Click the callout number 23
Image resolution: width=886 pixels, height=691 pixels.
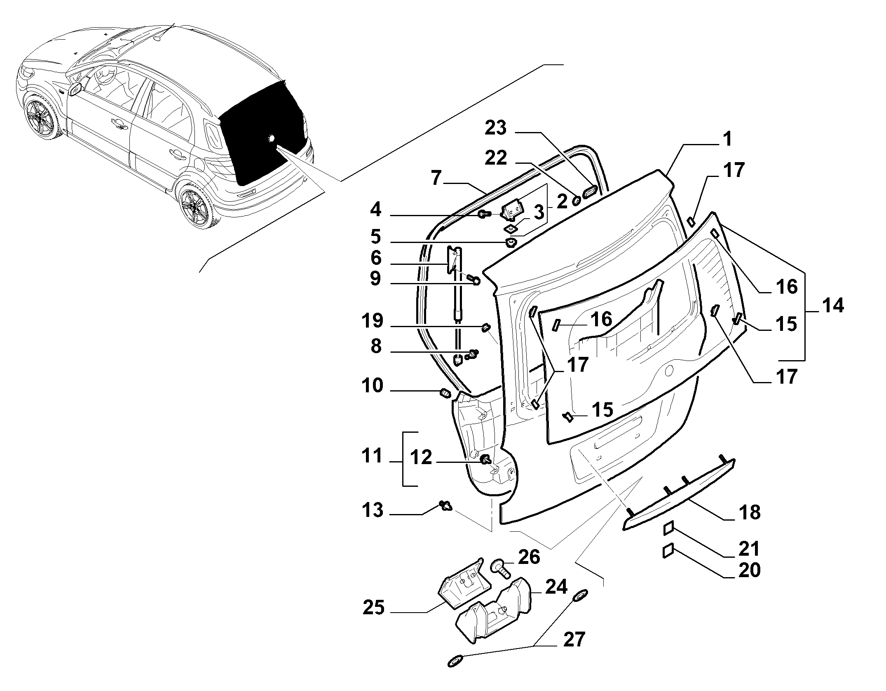coord(495,128)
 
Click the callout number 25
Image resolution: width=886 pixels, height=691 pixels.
coord(374,608)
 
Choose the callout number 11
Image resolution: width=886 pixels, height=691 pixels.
coord(372,457)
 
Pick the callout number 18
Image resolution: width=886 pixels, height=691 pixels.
coord(750,513)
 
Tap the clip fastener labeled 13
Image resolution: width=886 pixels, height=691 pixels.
coord(446,505)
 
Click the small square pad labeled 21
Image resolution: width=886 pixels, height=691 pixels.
coord(668,528)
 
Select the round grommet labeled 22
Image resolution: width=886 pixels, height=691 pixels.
coord(577,201)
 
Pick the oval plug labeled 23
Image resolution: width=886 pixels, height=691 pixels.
coord(589,192)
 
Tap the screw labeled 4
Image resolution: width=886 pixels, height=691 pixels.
coord(484,214)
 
